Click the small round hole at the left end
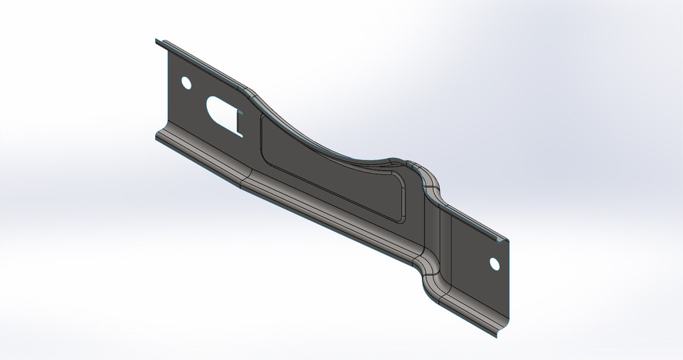pos(186,83)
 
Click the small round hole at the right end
pos(494,264)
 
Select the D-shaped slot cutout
pos(221,110)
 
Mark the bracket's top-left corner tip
pos(156,41)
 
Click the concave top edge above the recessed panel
pos(320,142)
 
